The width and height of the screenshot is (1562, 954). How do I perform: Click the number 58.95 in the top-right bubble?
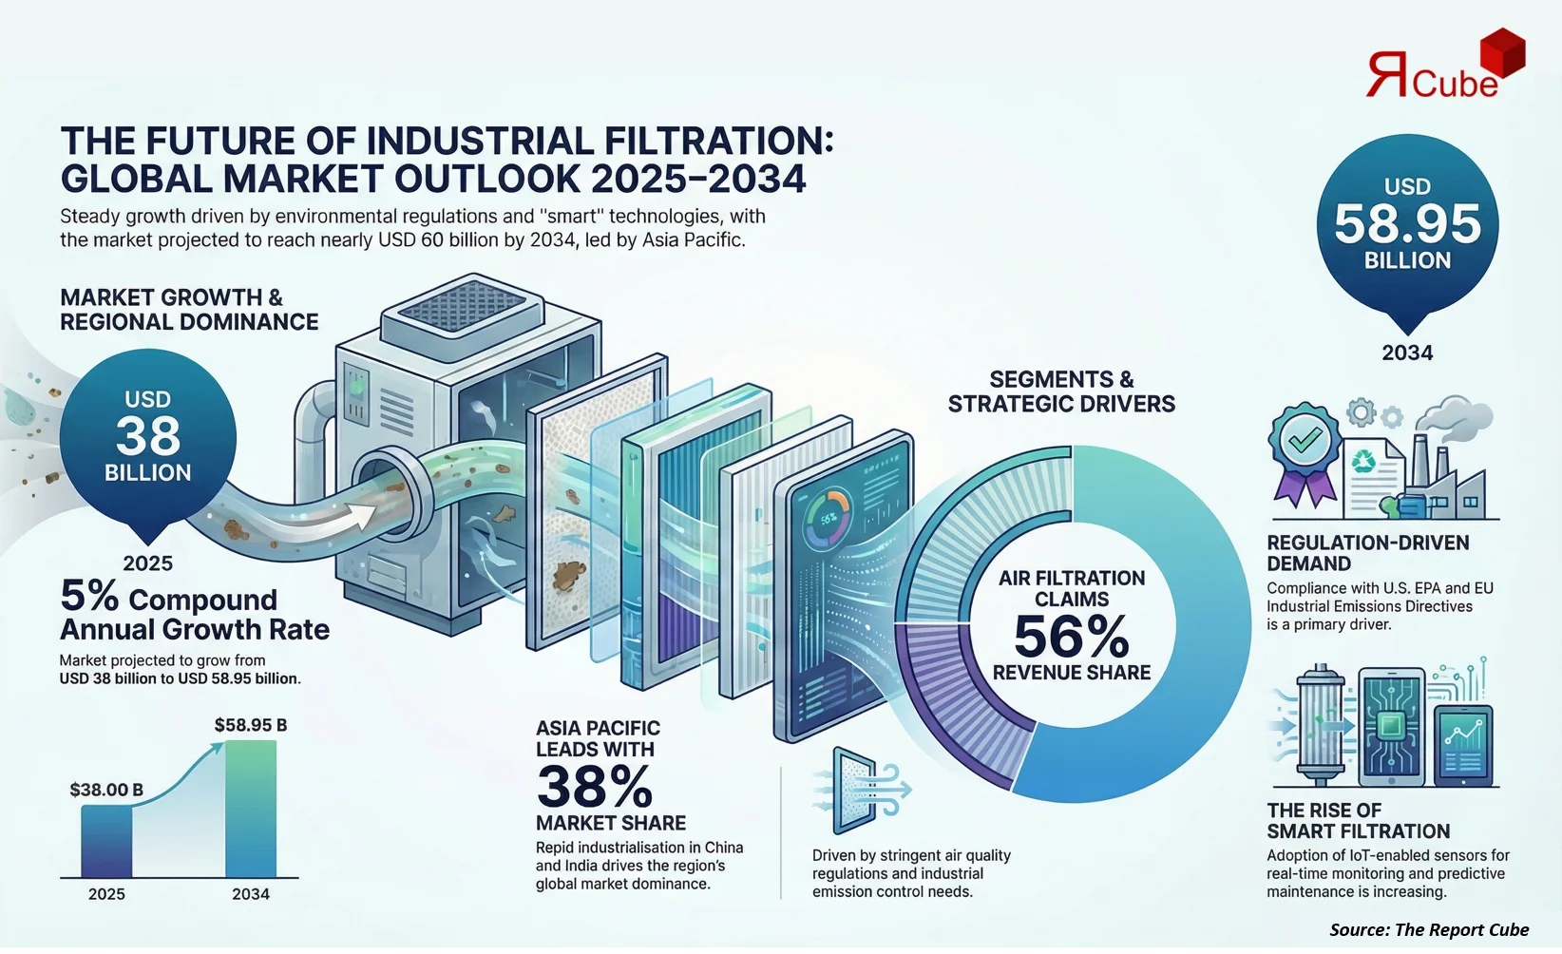tap(1407, 224)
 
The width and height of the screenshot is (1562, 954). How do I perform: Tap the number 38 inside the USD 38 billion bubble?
tap(148, 436)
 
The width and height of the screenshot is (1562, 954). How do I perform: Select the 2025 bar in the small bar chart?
tap(106, 842)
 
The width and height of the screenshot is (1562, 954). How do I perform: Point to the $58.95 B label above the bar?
tap(250, 725)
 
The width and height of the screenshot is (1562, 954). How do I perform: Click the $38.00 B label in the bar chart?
tap(106, 790)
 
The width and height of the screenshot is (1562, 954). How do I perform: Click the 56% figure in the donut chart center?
tap(1071, 637)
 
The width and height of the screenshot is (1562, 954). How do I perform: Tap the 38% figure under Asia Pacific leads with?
tap(595, 787)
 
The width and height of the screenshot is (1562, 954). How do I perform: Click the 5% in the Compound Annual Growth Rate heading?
tap(89, 597)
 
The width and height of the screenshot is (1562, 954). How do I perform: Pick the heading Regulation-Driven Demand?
tap(1367, 553)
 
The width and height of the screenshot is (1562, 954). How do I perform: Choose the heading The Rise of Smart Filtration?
tap(1358, 821)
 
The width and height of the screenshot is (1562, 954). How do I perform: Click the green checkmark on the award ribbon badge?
tap(1305, 439)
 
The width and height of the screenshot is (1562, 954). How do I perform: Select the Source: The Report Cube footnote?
tap(1428, 930)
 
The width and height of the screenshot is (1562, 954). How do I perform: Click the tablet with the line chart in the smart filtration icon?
tap(1463, 745)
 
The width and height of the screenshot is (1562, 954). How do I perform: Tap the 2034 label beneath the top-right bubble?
tap(1407, 353)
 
